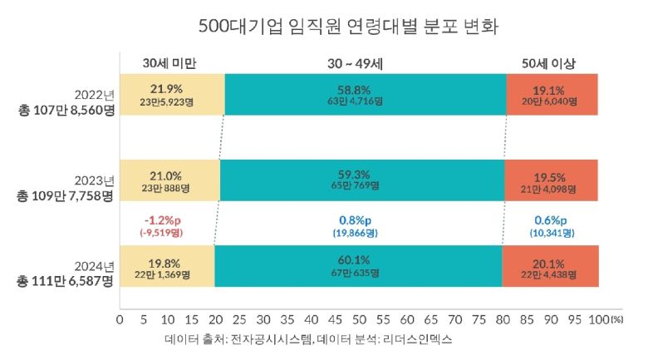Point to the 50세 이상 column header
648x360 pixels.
(x=552, y=63)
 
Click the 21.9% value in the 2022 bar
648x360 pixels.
(x=166, y=88)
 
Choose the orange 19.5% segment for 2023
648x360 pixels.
(x=552, y=180)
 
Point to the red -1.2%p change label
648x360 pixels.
(x=160, y=220)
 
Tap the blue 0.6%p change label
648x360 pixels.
(x=550, y=220)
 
